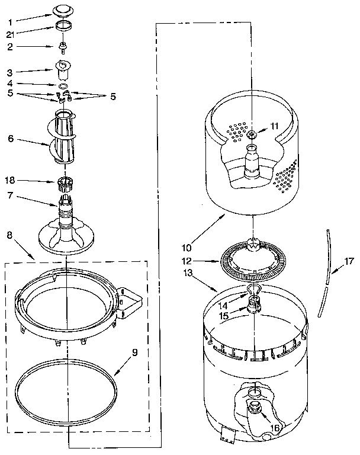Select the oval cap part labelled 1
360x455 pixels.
click(x=62, y=11)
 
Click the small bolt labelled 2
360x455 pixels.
click(x=62, y=47)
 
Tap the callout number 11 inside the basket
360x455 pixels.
click(x=274, y=126)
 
